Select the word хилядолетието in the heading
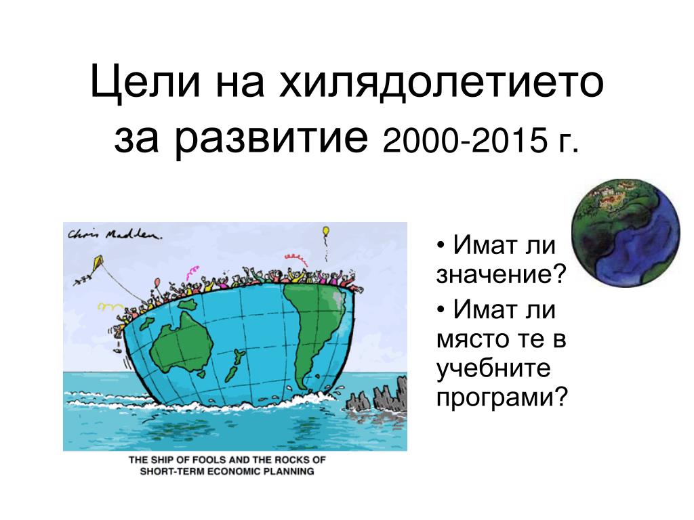(x=441, y=83)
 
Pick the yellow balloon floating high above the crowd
(x=326, y=232)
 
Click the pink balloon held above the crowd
(x=157, y=282)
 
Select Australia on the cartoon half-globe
(x=182, y=341)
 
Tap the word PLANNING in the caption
(x=289, y=471)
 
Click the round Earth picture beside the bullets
(x=626, y=233)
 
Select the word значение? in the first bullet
(x=502, y=274)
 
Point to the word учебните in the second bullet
(x=493, y=368)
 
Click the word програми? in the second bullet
(x=502, y=397)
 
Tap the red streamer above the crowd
(x=295, y=257)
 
